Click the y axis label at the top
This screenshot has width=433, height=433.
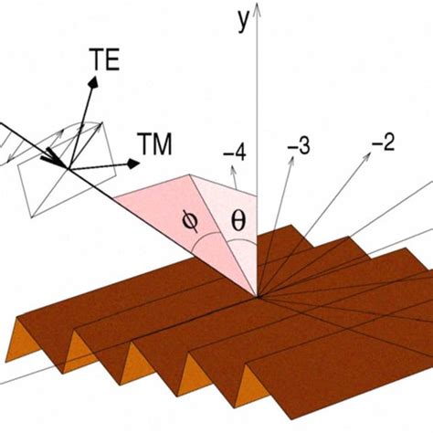click(x=243, y=20)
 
